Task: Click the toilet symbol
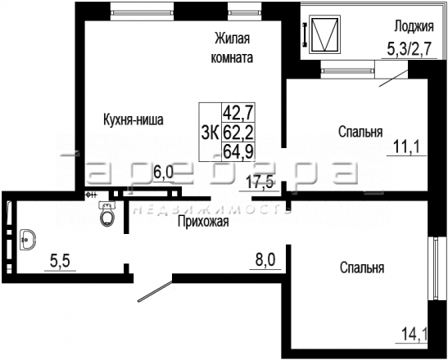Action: click(x=107, y=214)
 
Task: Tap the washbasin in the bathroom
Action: click(x=28, y=240)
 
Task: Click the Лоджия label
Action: click(x=414, y=26)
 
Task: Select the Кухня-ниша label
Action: click(x=133, y=119)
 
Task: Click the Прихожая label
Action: click(x=203, y=221)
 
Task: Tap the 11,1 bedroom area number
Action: click(x=406, y=147)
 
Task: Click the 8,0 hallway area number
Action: click(x=265, y=261)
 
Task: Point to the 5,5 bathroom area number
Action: click(x=60, y=262)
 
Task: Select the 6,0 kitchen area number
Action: click(x=164, y=173)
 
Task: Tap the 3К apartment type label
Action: click(x=210, y=133)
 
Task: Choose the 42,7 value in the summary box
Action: click(x=238, y=112)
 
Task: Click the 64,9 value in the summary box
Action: click(x=238, y=151)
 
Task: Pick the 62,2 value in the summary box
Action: click(x=238, y=133)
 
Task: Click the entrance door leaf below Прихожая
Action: click(x=155, y=291)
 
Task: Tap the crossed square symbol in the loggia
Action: click(x=325, y=34)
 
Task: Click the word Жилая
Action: click(x=233, y=38)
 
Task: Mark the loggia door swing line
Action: click(x=393, y=78)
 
